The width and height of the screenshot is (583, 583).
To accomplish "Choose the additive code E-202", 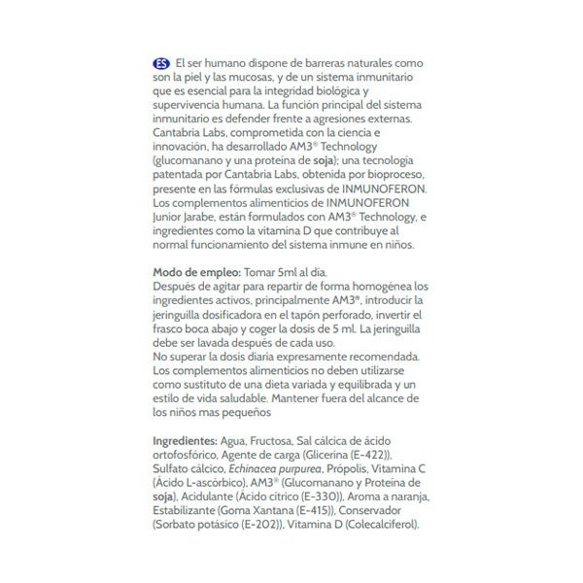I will pyautogui.click(x=257, y=526).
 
